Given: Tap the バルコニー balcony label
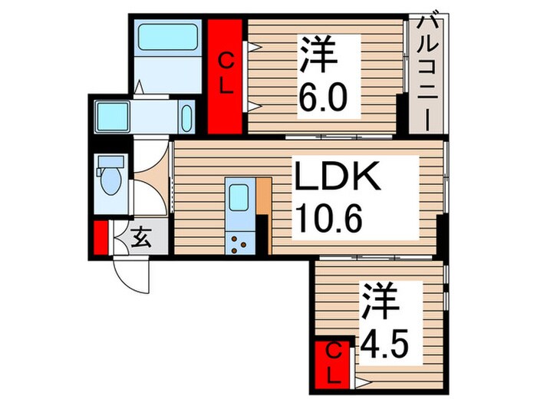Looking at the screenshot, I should [426, 73].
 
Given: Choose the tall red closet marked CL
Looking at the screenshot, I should [227, 77].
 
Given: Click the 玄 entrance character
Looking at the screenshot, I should [141, 238].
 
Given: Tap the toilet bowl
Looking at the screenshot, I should [110, 185].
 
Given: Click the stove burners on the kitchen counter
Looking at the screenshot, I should [239, 244].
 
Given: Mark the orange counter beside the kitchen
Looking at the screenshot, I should [264, 199].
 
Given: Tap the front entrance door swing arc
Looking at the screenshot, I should [128, 273].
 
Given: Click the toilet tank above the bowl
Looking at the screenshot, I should [111, 163].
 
